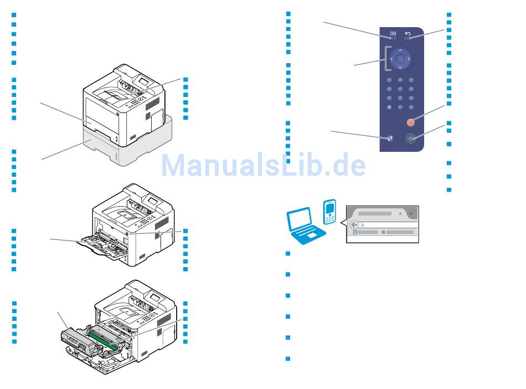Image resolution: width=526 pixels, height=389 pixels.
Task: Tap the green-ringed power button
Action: (410, 139)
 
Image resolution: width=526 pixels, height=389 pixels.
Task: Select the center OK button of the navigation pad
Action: (400, 58)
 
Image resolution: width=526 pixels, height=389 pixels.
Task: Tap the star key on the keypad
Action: (390, 107)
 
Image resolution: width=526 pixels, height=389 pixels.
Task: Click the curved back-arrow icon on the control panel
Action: (408, 34)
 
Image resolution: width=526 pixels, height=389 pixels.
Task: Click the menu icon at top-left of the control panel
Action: (391, 34)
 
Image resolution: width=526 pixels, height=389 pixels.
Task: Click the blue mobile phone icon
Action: (331, 213)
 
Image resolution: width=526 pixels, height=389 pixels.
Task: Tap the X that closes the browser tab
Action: (400, 213)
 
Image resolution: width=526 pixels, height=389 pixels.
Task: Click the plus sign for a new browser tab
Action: (411, 213)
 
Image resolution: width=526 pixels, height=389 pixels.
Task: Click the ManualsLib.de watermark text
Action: (263, 165)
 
